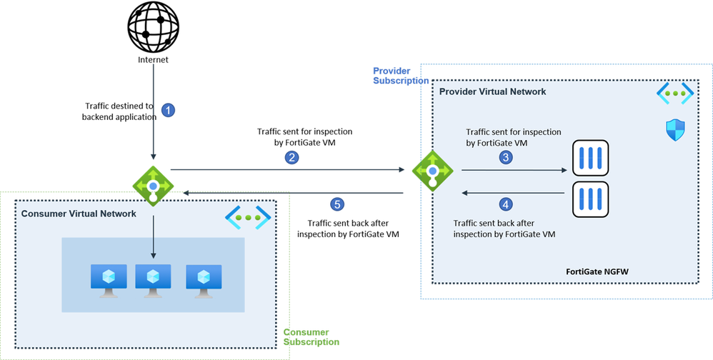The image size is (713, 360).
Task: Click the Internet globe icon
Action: tap(152, 26)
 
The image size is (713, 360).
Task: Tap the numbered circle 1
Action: tap(169, 110)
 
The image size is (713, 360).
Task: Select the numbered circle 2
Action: tap(291, 158)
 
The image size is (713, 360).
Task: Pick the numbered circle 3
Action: tap(506, 158)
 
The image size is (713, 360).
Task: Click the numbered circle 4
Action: tap(506, 204)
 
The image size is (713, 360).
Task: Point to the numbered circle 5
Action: tap(338, 204)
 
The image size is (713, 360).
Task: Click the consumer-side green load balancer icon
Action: tap(154, 185)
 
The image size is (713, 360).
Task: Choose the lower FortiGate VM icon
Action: tap(589, 199)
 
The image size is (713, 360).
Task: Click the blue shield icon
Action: tap(674, 130)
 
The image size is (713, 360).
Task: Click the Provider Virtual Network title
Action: tap(492, 91)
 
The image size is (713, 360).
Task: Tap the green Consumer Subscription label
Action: tap(306, 337)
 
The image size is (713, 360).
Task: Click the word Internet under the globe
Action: tap(153, 60)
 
